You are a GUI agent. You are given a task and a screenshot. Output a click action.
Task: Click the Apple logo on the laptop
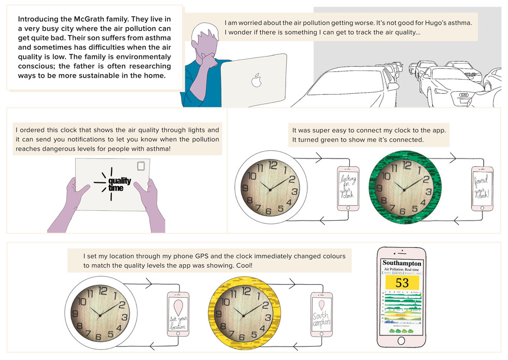coord(255,80)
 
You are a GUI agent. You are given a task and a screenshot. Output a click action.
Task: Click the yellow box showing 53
coord(402,282)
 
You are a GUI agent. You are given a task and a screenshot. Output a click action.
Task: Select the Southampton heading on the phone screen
coord(402,263)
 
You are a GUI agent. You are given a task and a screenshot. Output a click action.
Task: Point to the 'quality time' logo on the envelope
coord(119,184)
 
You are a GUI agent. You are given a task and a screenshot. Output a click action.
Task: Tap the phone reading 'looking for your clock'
coord(348,188)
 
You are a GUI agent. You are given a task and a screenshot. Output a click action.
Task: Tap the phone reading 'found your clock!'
coord(482,188)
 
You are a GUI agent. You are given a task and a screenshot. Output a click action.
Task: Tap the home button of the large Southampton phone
coord(402,341)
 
